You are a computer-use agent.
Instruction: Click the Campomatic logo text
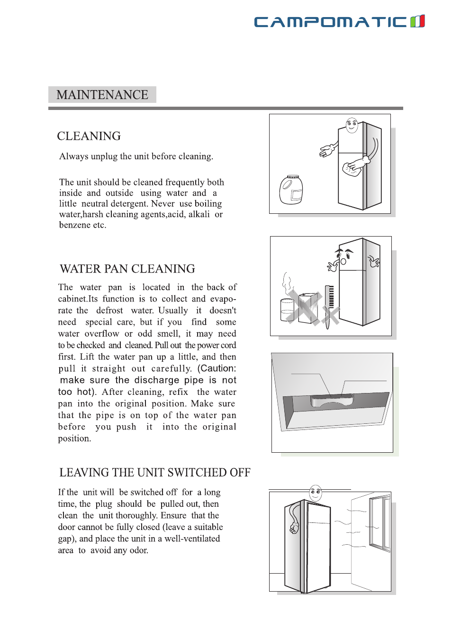pyautogui.click(x=330, y=22)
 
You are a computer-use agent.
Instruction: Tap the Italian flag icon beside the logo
pyautogui.click(x=417, y=21)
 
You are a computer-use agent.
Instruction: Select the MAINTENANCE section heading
pyautogui.click(x=102, y=95)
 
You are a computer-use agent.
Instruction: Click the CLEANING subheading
pyautogui.click(x=89, y=136)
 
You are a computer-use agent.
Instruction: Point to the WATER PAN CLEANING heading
pyautogui.click(x=127, y=269)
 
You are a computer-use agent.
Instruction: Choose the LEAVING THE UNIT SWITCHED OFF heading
pyautogui.click(x=154, y=473)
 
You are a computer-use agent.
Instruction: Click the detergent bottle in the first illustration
pyautogui.click(x=291, y=190)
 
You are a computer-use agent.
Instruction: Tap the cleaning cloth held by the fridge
pyautogui.click(x=351, y=168)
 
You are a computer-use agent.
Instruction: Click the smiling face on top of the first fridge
pyautogui.click(x=352, y=125)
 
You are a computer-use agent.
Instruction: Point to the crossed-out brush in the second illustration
pyautogui.click(x=328, y=303)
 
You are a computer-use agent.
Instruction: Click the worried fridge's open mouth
pyautogui.click(x=344, y=261)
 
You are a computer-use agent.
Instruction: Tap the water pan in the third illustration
pyautogui.click(x=332, y=401)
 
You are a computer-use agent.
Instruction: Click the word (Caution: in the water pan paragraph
pyautogui.click(x=217, y=368)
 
